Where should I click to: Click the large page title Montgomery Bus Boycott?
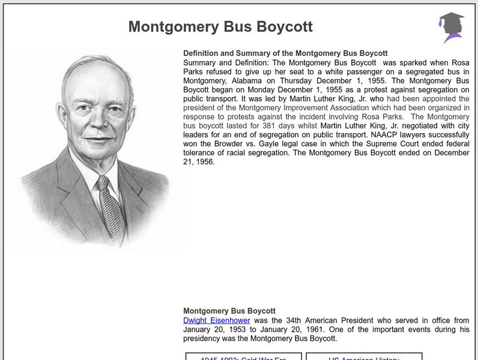pyautogui.click(x=220, y=27)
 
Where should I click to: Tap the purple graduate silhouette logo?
pyautogui.click(x=450, y=28)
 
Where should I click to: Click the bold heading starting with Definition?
pyautogui.click(x=285, y=53)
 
